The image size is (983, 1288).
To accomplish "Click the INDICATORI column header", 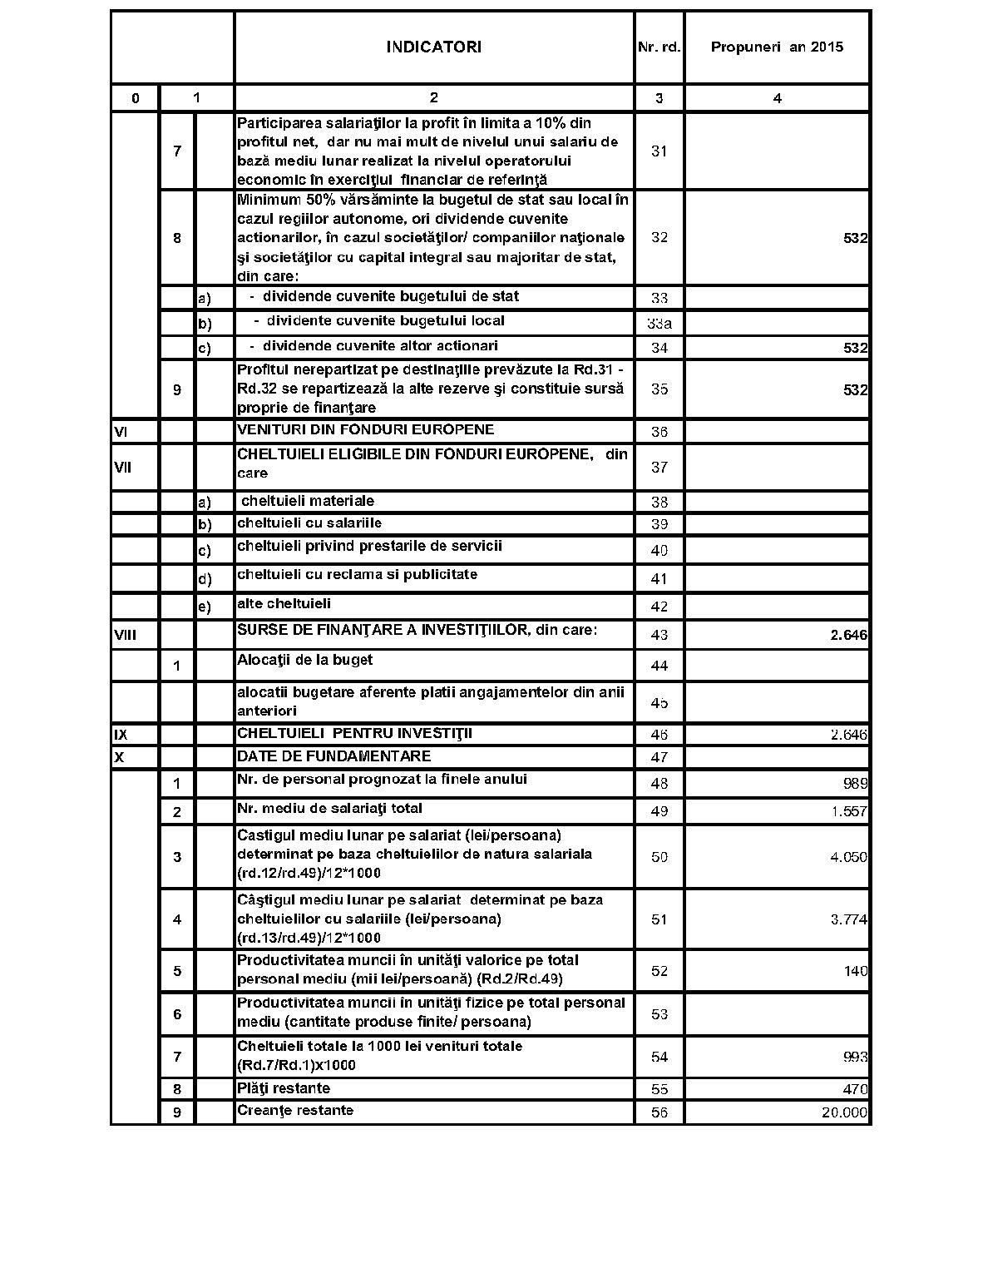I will (433, 47).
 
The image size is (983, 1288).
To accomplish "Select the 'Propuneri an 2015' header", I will (777, 47).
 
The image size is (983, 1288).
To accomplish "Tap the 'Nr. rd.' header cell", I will (659, 47).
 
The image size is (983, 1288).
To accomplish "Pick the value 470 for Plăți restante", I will (855, 1089).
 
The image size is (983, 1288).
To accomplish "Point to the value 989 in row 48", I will (855, 783).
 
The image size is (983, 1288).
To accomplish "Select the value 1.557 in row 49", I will (849, 811).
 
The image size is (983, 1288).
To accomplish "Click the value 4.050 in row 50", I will (848, 857).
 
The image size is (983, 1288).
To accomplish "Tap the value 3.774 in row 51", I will (848, 919).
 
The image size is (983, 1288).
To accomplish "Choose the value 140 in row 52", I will (855, 971).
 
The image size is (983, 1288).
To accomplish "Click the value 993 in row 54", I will (855, 1057).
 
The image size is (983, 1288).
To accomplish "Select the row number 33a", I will (659, 324).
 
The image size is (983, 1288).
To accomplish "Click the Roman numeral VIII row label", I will (125, 636).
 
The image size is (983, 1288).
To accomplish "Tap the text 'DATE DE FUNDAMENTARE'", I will (333, 756).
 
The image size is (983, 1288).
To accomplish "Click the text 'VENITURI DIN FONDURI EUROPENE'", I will (365, 430).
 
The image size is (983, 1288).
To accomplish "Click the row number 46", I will (659, 735).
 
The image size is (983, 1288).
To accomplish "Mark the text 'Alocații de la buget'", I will (304, 661).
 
